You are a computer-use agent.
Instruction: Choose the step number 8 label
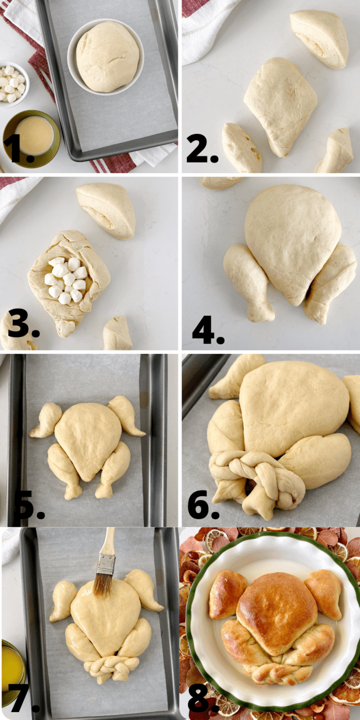coord(202,700)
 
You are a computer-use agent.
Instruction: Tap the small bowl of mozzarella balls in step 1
coord(12,83)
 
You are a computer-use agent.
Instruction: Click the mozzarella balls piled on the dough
coord(65,280)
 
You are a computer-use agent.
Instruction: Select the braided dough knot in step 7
coord(111,667)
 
